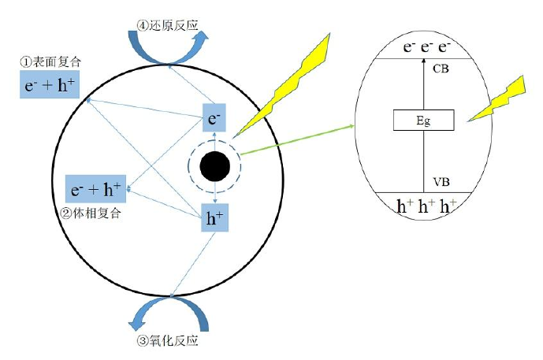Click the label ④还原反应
(169, 25)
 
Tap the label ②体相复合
(95, 213)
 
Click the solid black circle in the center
(215, 166)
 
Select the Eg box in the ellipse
(423, 121)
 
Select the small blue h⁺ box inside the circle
(215, 219)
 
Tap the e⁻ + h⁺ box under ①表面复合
(50, 84)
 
